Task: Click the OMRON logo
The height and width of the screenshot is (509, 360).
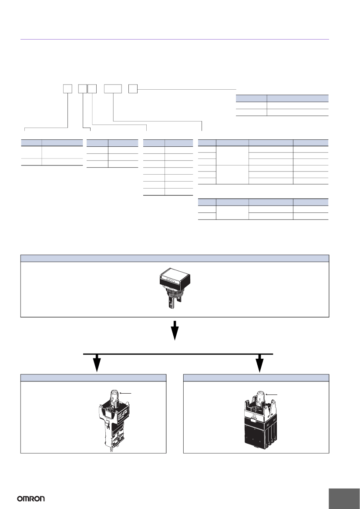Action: (31, 499)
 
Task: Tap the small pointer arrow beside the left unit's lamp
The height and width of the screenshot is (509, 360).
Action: (126, 393)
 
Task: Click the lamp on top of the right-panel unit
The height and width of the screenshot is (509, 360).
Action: (260, 397)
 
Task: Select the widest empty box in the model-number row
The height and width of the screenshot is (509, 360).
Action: (113, 89)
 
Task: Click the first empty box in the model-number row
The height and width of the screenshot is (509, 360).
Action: (68, 89)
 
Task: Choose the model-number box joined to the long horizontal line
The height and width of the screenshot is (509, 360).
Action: (133, 89)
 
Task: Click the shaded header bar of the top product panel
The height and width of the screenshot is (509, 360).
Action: (175, 258)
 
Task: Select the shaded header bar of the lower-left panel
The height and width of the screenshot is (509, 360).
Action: (94, 377)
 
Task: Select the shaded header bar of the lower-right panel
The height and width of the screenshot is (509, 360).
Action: (256, 377)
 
